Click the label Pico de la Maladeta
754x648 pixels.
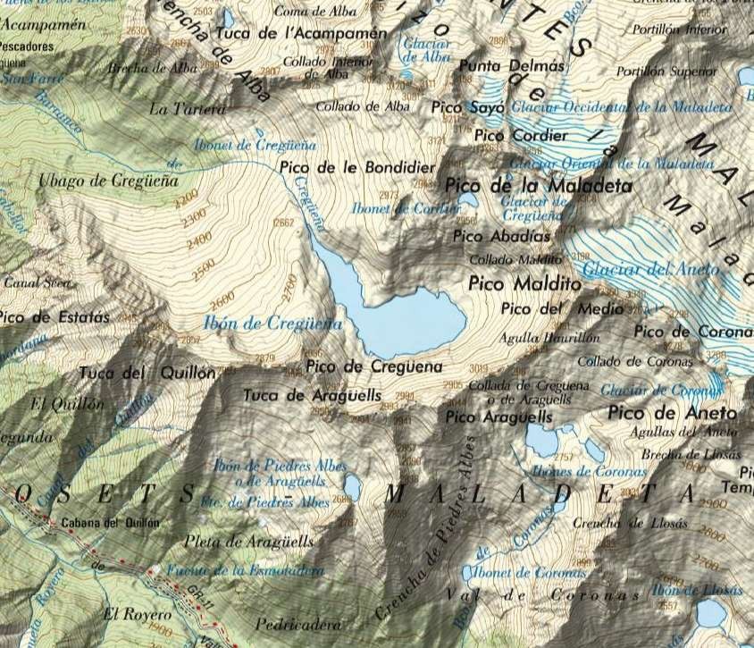click(x=538, y=187)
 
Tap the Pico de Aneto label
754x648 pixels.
click(x=672, y=413)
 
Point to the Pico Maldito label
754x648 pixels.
click(x=524, y=284)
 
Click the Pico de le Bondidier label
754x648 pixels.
click(x=357, y=167)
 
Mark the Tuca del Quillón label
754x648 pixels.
click(x=147, y=373)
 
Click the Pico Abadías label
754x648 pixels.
click(x=501, y=237)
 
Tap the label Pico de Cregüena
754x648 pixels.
click(x=373, y=366)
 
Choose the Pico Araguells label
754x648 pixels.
click(x=498, y=417)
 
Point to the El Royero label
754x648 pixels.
click(x=134, y=613)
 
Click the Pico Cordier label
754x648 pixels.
click(x=521, y=136)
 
